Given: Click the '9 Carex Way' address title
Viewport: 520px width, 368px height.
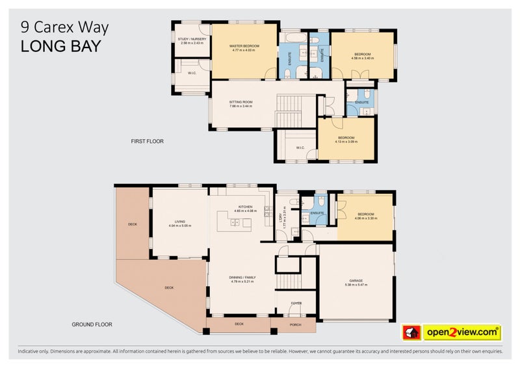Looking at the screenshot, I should [64, 28].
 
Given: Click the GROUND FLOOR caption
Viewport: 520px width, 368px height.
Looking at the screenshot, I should [92, 323].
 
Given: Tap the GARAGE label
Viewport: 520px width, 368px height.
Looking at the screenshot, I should [356, 282].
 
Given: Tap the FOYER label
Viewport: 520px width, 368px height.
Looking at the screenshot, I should [296, 302].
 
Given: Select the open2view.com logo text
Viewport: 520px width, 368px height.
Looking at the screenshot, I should [461, 332].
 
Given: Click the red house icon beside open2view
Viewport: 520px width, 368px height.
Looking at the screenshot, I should [411, 332].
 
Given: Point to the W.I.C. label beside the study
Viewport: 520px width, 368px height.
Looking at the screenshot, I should [192, 73].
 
